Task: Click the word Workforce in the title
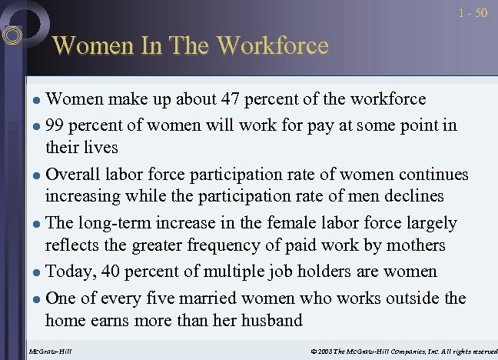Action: click(273, 45)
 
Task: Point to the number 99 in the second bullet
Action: click(57, 125)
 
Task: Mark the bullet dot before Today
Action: click(38, 272)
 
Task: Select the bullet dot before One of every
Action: click(38, 298)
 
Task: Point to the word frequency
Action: click(231, 245)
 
